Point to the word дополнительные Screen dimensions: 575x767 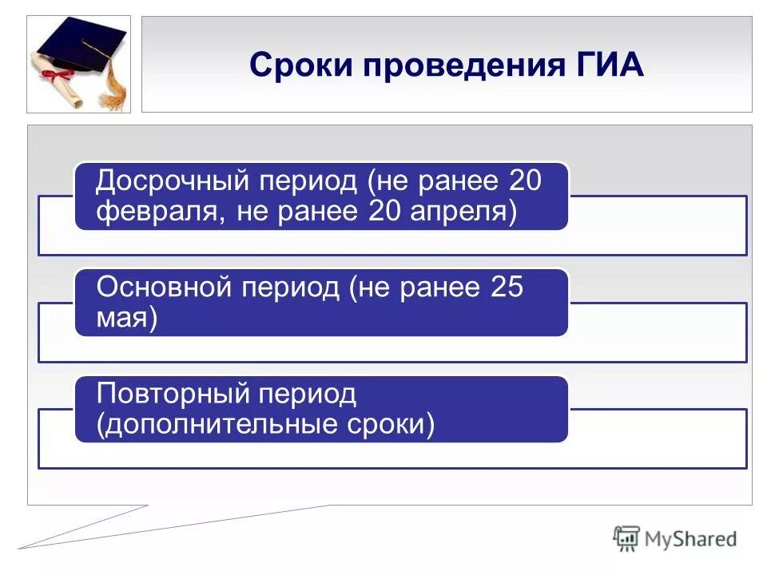[223, 424]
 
